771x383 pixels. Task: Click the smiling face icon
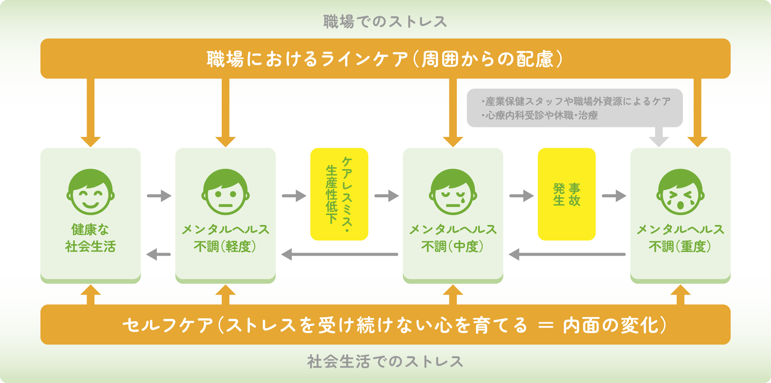tap(90, 192)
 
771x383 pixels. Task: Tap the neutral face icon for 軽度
tap(225, 192)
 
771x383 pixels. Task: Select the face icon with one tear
tap(453, 192)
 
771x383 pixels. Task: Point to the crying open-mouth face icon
tap(680, 192)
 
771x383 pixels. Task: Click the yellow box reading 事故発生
tap(566, 194)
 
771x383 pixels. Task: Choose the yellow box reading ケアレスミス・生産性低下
tap(339, 194)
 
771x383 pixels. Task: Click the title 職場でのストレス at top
tap(385, 21)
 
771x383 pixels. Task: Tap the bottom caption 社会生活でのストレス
tap(385, 362)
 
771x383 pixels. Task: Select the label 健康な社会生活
tap(90, 238)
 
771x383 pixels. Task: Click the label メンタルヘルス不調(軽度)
tap(225, 238)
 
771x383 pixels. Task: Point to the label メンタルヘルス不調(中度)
tap(453, 238)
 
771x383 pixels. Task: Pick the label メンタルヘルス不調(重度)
tap(680, 238)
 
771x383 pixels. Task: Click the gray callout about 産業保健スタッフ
tap(574, 108)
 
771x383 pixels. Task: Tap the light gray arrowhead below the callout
tap(659, 141)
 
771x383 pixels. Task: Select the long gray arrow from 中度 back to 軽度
tap(339, 255)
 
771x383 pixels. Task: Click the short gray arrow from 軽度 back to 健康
tap(158, 255)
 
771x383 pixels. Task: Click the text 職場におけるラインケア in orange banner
tap(307, 59)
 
